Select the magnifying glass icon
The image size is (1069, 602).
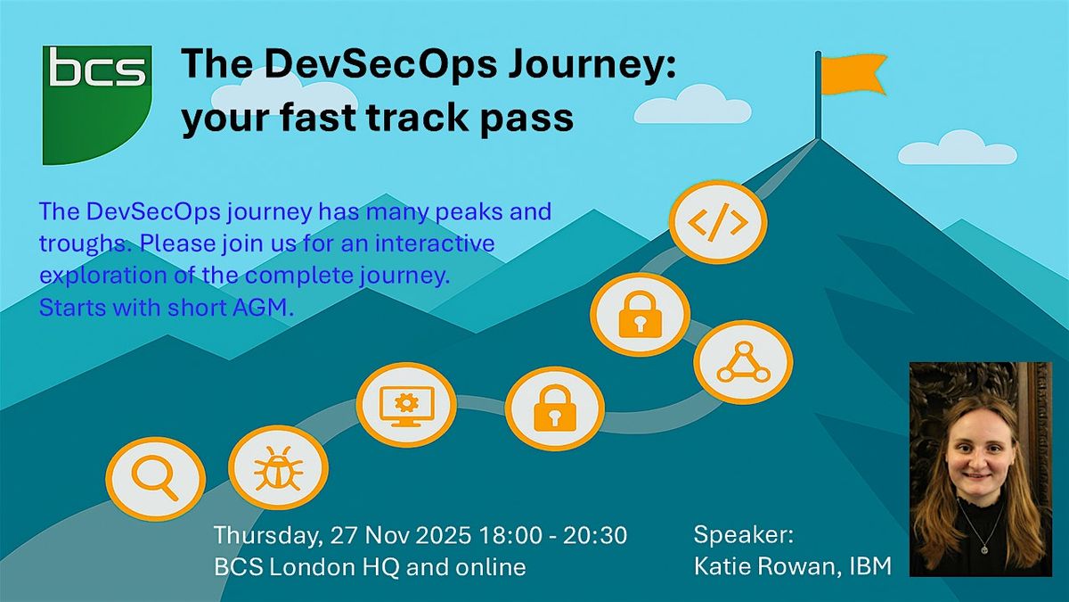coord(155,481)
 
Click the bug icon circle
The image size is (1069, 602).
coord(278,466)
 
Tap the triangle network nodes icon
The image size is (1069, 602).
coord(742,362)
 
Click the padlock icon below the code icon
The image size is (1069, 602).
coord(639,315)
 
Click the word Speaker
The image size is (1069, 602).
coord(743,535)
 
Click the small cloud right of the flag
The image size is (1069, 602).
coord(957,148)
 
